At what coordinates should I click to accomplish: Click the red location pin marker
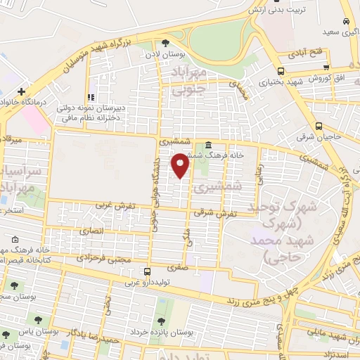point(181,166)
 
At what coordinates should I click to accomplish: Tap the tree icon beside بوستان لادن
point(166,43)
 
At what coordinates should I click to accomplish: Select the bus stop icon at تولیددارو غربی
point(146,272)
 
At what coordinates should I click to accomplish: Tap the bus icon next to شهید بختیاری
point(281,71)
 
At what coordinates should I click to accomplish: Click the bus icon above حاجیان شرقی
point(319,127)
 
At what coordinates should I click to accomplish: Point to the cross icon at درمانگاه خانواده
point(22,91)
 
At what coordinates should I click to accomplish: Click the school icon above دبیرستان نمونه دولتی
point(89,97)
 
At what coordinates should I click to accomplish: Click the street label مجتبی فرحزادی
point(106,259)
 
